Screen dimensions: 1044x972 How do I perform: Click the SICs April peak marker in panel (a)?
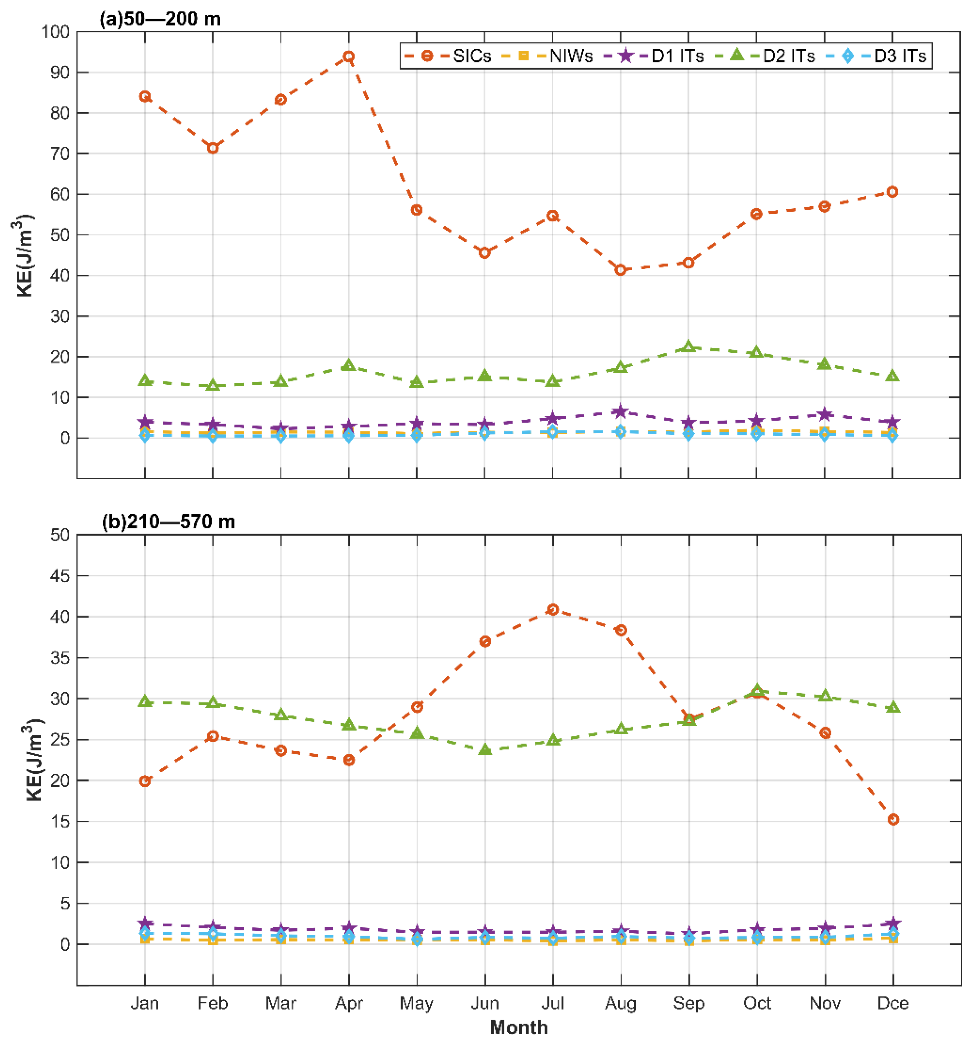tap(348, 56)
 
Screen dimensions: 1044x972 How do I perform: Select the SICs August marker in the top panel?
tap(620, 270)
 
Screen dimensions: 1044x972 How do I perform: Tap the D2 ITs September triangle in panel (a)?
tap(689, 347)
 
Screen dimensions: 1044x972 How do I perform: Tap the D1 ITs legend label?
tap(677, 56)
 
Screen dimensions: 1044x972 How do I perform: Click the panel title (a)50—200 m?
tap(160, 19)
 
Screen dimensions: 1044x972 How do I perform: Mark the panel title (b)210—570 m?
tap(168, 521)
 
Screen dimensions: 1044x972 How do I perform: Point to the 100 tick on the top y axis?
tap(56, 32)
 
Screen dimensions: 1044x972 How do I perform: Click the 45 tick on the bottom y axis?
tap(60, 576)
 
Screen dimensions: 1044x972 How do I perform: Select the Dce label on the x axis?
tap(893, 1003)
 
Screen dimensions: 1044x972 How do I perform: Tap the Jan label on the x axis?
tap(145, 1003)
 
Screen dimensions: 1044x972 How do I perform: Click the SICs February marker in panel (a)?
tap(212, 148)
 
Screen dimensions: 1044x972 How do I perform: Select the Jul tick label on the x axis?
tap(553, 1003)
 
